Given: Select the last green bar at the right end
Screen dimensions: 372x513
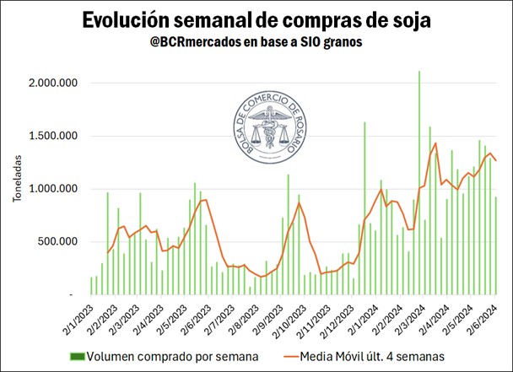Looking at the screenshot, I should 496,245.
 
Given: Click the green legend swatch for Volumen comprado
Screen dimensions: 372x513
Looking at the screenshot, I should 79,355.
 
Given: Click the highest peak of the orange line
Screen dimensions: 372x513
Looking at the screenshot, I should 435,143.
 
